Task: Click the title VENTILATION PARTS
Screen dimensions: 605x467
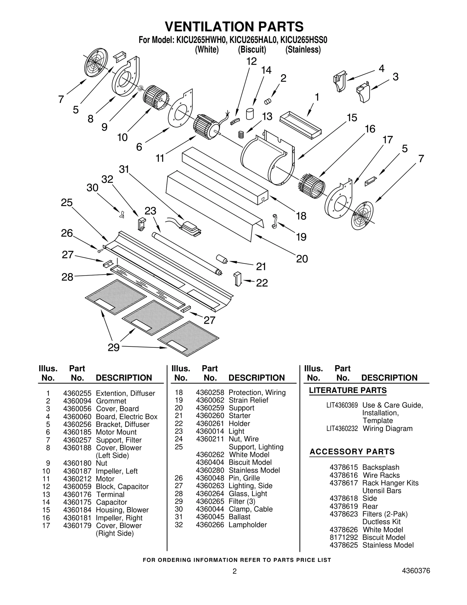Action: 234,27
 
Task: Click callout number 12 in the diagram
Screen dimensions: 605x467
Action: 251,61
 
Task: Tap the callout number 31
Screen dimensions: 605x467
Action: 124,169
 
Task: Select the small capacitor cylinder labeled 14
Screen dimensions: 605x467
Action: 250,114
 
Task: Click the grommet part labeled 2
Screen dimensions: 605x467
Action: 268,102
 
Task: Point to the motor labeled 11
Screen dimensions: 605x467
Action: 206,126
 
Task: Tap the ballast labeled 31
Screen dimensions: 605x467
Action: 191,228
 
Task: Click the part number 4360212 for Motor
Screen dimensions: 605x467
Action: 77,479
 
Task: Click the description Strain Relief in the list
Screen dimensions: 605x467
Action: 248,400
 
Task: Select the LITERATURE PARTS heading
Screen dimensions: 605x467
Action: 348,390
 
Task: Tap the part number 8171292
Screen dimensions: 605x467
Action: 344,538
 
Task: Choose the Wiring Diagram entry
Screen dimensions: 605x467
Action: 387,429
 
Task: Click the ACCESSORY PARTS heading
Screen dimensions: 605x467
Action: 352,452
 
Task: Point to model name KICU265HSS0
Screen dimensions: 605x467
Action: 304,40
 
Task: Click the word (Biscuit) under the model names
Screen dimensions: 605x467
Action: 252,50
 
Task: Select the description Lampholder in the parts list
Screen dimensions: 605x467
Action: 248,525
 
